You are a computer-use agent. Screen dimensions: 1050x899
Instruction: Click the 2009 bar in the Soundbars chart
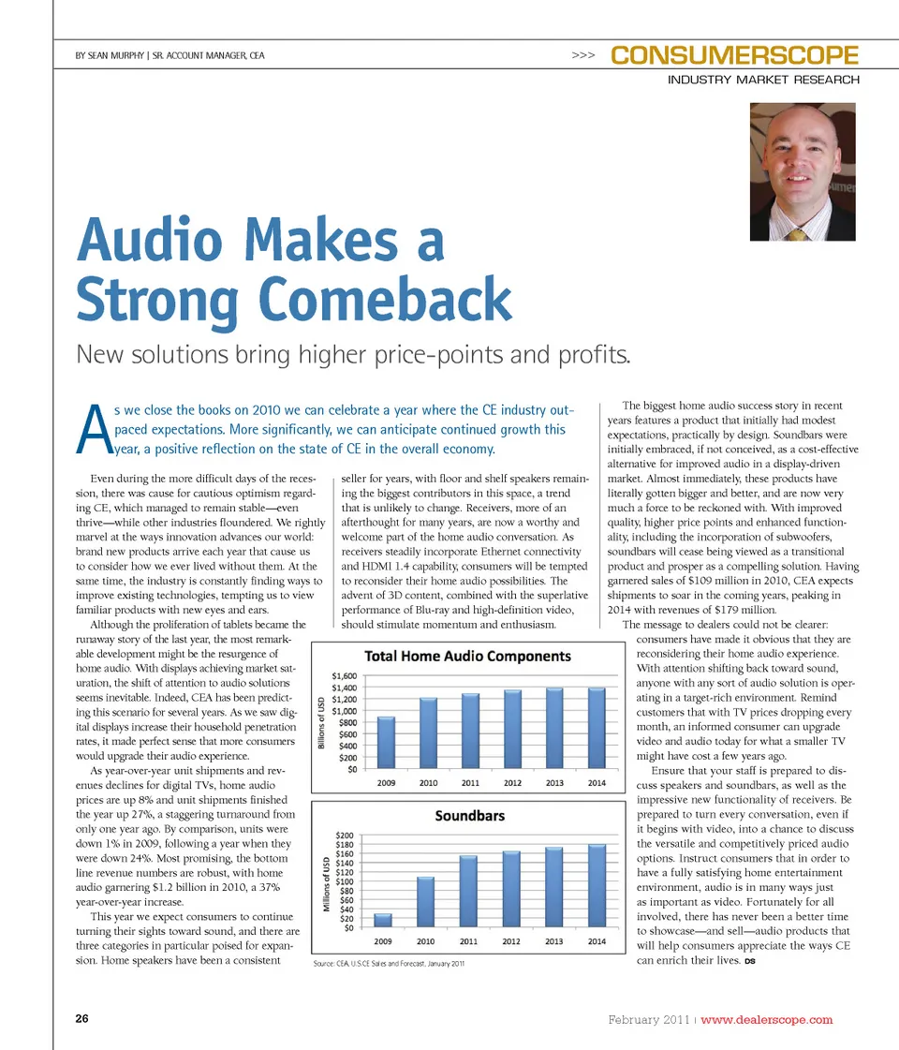click(382, 920)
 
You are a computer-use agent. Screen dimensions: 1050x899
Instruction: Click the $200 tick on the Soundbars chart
click(344, 835)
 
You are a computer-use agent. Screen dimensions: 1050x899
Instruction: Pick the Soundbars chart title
click(469, 816)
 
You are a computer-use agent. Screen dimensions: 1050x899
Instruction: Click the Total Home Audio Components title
click(467, 657)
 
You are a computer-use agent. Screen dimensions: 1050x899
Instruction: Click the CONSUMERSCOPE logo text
click(734, 55)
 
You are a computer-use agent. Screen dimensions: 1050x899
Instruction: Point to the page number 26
click(82, 1019)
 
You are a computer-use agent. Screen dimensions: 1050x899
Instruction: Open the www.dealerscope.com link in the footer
click(766, 1019)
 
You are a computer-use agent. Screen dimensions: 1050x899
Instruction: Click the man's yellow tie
click(798, 234)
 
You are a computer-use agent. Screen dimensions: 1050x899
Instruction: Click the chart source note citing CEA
click(389, 963)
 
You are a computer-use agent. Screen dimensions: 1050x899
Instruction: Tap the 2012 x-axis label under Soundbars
click(511, 941)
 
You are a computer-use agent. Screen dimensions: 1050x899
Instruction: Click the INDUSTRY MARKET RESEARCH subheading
click(763, 81)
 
